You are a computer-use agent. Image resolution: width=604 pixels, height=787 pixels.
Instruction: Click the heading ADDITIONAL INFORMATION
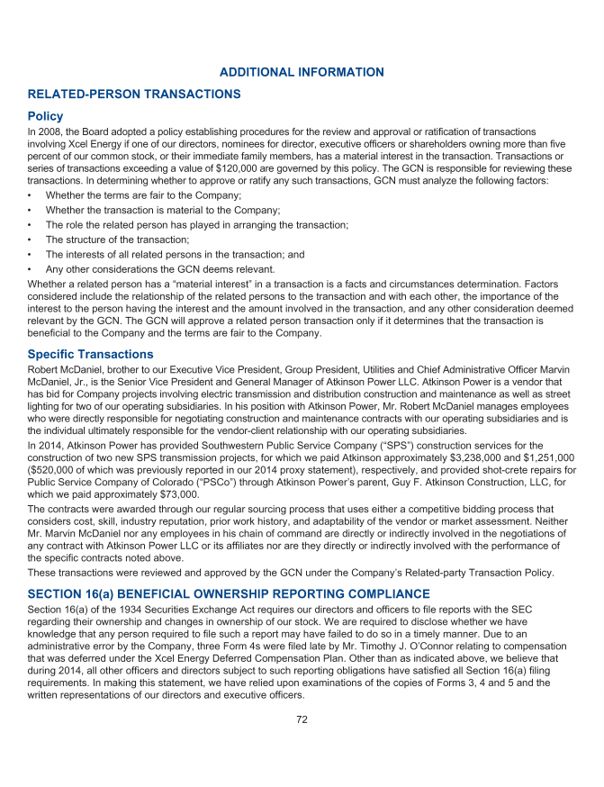pos(302,72)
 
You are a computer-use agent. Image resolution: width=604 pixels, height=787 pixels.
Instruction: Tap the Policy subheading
pos(45,116)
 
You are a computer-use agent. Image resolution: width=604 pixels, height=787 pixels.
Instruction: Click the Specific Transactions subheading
pos(90,354)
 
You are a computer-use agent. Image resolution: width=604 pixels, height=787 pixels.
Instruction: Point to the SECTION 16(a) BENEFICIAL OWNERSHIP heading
pos(229,593)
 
